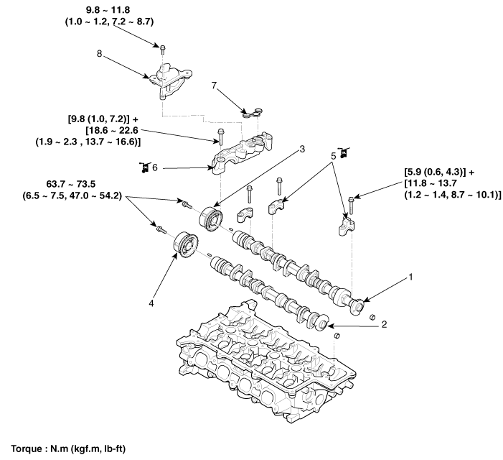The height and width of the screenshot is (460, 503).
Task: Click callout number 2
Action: click(x=385, y=325)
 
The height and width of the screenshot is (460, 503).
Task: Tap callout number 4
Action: click(x=151, y=304)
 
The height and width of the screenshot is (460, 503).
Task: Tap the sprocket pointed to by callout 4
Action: click(x=185, y=245)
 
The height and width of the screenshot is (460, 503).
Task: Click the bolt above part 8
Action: click(x=162, y=48)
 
